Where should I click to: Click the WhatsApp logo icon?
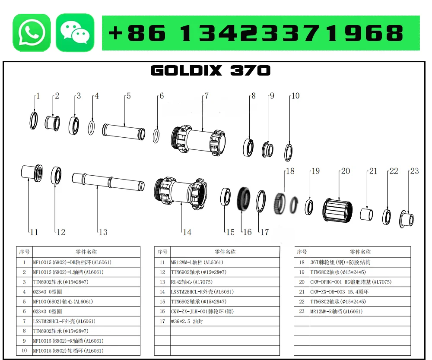32,32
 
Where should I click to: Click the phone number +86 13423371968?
256,33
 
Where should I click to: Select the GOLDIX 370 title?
210,70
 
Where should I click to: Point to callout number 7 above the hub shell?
207,96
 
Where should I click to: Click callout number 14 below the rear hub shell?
187,232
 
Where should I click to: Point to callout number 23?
414,171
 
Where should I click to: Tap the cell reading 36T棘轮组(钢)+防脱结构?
340,262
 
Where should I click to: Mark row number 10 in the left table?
24,351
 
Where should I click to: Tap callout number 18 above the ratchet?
290,171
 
